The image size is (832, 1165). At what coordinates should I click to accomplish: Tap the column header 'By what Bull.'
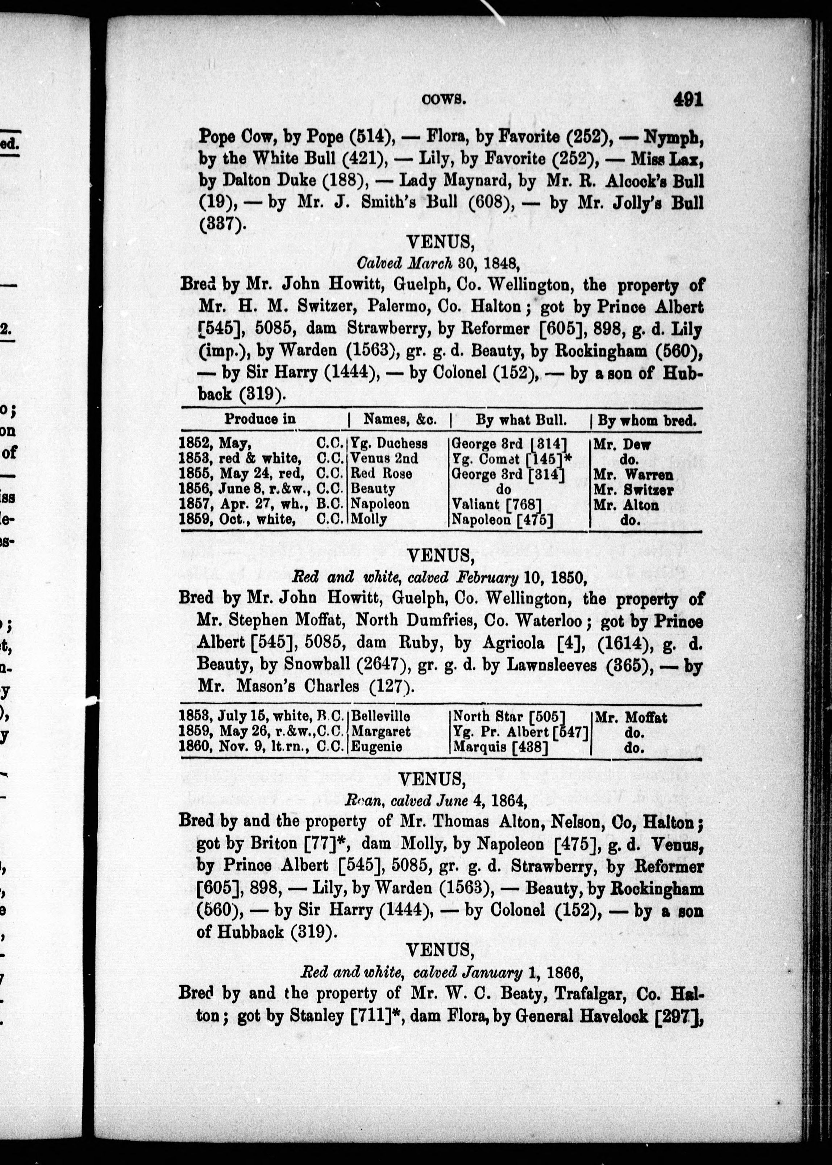(x=521, y=421)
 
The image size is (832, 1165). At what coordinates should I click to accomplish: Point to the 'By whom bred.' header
(x=646, y=421)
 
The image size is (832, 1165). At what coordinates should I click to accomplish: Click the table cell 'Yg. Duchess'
(x=389, y=443)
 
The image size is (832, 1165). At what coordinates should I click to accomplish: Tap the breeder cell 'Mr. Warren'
(x=633, y=474)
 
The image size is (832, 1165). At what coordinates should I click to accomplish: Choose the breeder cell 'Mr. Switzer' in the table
(x=633, y=489)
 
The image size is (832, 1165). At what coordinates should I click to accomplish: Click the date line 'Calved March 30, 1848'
(x=438, y=263)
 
